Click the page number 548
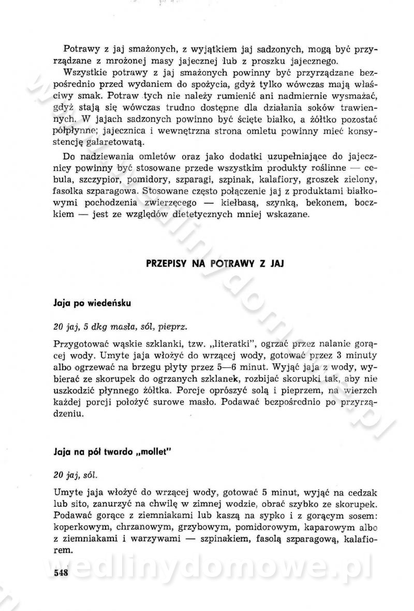coord(61,572)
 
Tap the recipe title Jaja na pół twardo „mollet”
coord(112,451)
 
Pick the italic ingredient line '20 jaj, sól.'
coord(75,474)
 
